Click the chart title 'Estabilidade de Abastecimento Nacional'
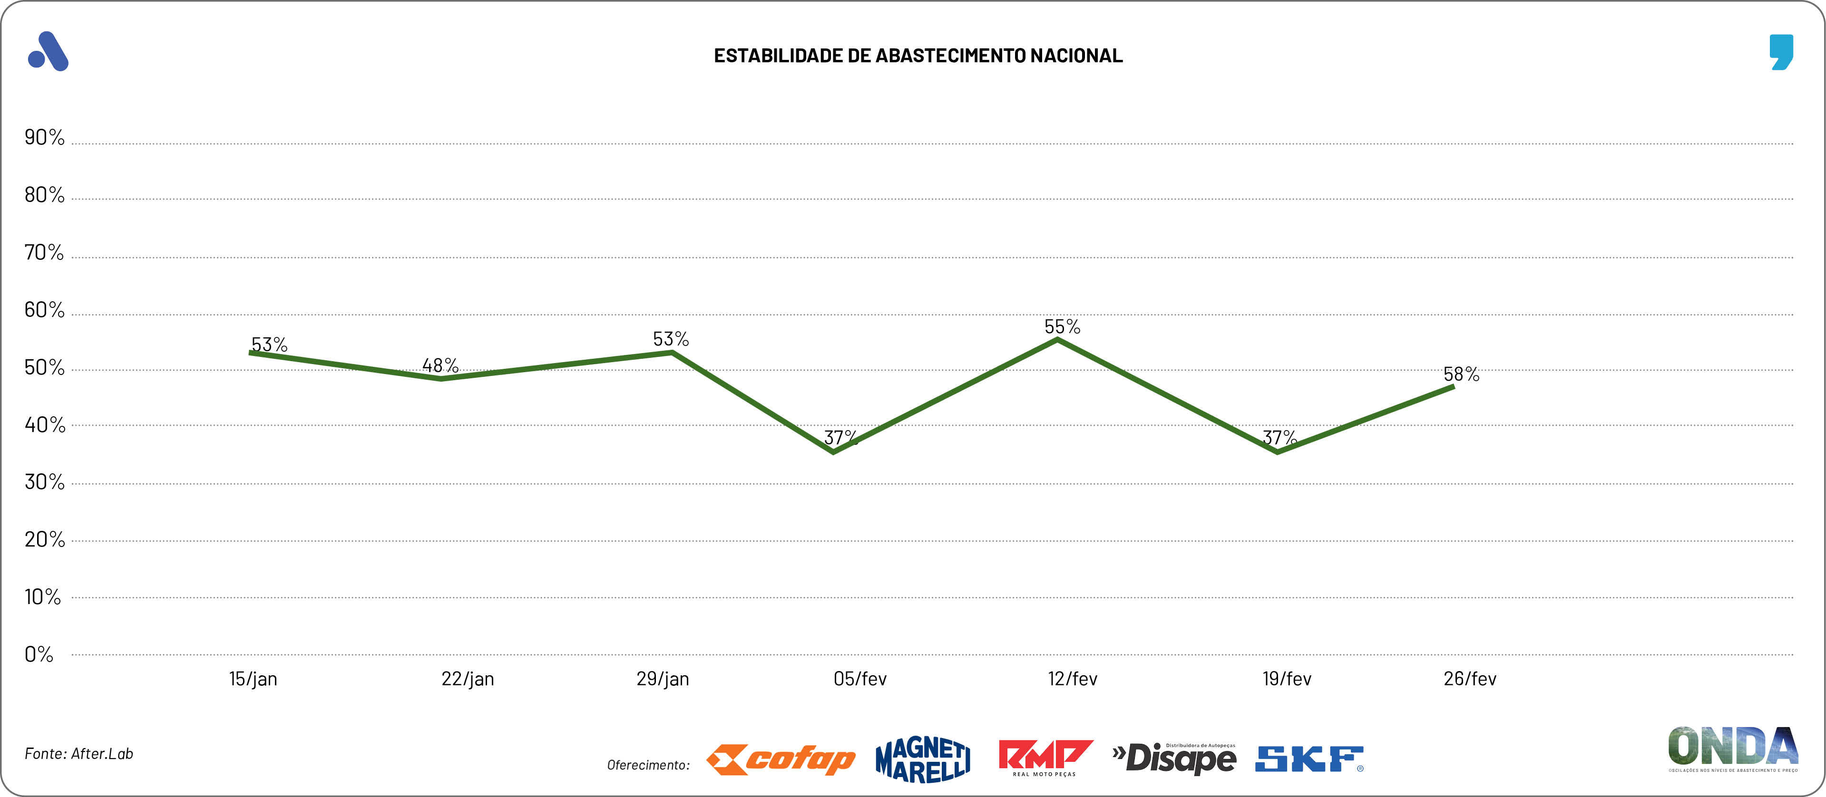click(x=918, y=56)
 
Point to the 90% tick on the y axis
click(x=44, y=137)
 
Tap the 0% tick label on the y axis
click(x=39, y=654)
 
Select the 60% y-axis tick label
click(x=44, y=310)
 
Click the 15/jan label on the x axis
click(x=253, y=679)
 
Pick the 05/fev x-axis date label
click(x=860, y=679)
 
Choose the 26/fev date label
click(x=1469, y=679)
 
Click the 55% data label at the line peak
click(x=1062, y=327)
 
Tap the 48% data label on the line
click(x=440, y=365)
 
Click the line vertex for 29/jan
click(x=671, y=352)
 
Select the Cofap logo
click(x=781, y=759)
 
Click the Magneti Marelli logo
click(x=923, y=759)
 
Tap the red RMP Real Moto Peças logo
click(x=1045, y=758)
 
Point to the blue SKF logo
click(x=1308, y=759)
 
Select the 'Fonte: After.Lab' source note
click(x=78, y=754)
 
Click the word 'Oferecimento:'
click(x=648, y=765)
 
